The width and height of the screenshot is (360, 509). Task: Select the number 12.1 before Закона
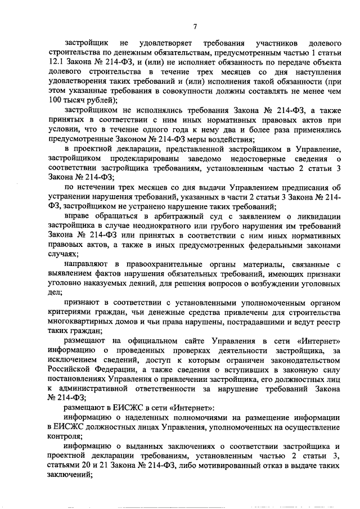click(56, 61)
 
